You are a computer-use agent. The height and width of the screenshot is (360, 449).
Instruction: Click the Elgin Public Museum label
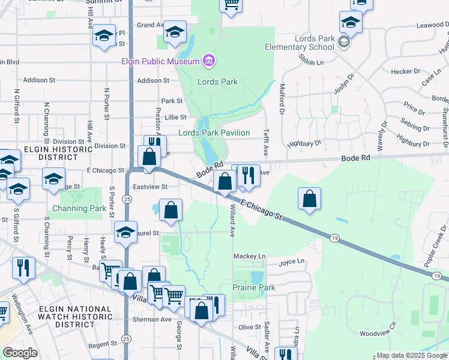pyautogui.click(x=160, y=62)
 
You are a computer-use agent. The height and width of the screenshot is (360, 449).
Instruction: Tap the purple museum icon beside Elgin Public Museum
pyautogui.click(x=208, y=61)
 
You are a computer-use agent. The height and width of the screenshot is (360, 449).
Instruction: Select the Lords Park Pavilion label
pyautogui.click(x=222, y=133)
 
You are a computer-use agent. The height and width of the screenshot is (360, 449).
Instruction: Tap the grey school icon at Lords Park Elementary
pyautogui.click(x=343, y=42)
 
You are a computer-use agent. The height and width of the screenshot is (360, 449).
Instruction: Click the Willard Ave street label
pyautogui.click(x=232, y=220)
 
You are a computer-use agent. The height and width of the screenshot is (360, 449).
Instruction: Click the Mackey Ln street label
pyautogui.click(x=249, y=256)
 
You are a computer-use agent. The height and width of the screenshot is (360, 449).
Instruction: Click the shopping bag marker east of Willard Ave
pyautogui.click(x=309, y=199)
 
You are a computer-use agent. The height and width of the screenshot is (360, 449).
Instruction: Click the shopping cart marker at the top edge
pyautogui.click(x=231, y=5)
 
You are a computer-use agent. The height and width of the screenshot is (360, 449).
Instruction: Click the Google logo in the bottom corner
pyautogui.click(x=20, y=353)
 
